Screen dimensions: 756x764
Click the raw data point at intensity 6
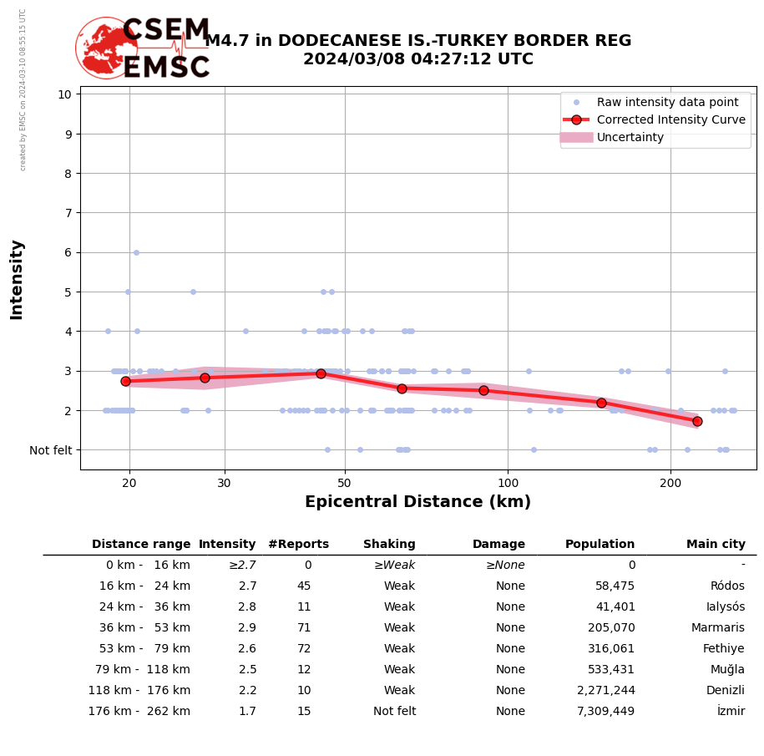coord(136,252)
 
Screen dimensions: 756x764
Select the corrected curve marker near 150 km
coord(601,403)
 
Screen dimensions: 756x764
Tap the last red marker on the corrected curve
coord(697,422)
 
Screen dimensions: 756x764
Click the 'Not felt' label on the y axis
coord(51,450)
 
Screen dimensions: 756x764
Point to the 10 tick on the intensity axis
coord(64,94)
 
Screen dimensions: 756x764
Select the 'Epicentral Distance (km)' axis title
coord(417,502)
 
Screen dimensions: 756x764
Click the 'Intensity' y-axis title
coord(17,279)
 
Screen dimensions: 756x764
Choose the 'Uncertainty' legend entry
coord(630,137)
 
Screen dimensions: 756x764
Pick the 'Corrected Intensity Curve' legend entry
coord(670,119)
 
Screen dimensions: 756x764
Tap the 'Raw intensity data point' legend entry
coord(667,102)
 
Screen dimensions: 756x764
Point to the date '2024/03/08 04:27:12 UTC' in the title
coord(417,59)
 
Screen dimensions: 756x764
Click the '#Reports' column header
coord(298,545)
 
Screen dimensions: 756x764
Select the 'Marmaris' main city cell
coord(717,628)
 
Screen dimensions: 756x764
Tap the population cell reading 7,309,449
coord(605,712)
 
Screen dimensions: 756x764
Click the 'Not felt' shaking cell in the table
coord(394,712)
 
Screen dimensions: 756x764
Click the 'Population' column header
coord(600,545)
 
